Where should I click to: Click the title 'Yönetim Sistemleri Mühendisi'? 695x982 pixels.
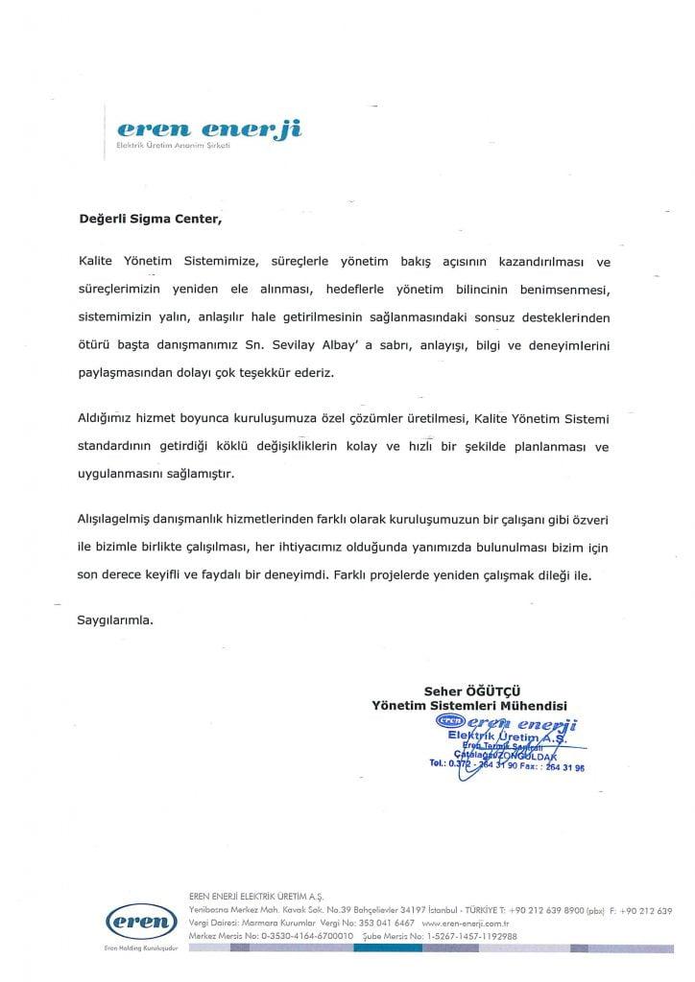pyautogui.click(x=469, y=705)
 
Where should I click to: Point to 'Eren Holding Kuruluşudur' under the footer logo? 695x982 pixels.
pyautogui.click(x=142, y=950)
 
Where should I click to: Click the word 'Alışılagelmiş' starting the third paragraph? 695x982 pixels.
pyautogui.click(x=116, y=519)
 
